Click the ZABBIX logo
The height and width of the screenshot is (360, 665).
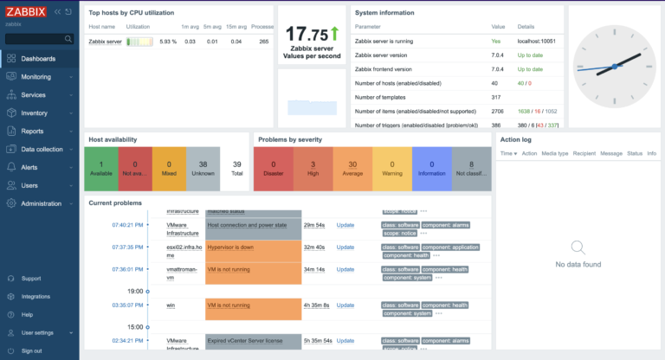coord(26,12)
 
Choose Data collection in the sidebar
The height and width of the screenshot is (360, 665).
coord(42,149)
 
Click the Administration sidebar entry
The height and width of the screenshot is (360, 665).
coord(42,203)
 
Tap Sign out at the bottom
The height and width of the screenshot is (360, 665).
coord(31,350)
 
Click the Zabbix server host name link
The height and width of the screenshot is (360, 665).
coord(105,42)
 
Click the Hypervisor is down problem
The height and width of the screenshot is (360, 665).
coord(230,247)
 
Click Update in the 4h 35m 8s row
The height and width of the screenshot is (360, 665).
coord(345,305)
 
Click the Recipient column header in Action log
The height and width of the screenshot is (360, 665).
coord(584,153)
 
